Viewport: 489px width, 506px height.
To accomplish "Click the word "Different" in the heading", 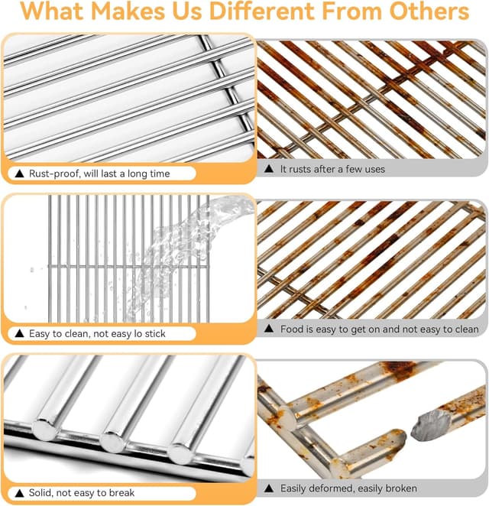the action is coord(261,11).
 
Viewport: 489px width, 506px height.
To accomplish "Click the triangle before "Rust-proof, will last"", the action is coord(20,174).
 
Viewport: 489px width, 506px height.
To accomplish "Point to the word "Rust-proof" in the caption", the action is coord(54,174).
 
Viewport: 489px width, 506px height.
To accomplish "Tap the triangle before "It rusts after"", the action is coord(269,168).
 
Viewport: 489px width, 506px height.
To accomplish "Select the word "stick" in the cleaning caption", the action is coord(155,333).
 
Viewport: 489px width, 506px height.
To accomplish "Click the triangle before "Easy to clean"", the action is coord(20,333).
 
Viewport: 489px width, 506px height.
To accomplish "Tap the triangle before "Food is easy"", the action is coord(269,329).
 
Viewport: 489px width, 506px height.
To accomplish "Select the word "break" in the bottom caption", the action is coord(121,493).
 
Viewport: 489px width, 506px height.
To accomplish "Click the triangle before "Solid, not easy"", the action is coord(20,493).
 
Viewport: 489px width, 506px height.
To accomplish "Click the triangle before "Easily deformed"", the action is coord(269,488).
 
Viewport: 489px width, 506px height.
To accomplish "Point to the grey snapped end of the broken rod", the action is coord(432,425).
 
